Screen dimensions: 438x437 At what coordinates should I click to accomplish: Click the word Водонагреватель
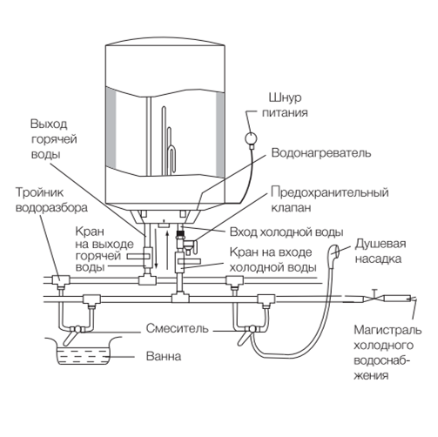321,153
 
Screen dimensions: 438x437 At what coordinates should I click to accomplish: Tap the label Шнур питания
285,105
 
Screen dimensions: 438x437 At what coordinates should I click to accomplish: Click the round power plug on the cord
250,138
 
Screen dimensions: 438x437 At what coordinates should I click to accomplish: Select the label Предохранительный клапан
330,200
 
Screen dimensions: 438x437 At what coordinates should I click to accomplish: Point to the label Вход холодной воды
286,232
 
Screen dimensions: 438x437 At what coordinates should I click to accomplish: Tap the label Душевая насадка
380,251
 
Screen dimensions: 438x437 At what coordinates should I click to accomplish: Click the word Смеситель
177,328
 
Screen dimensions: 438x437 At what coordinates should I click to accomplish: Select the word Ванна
164,356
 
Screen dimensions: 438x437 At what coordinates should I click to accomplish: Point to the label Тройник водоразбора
51,200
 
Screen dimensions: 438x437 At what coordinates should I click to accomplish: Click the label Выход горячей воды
54,139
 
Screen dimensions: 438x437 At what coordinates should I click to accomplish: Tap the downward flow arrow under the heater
156,248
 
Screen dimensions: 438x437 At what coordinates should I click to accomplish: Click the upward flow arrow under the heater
167,250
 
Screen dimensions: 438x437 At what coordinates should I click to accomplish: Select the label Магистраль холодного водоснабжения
387,353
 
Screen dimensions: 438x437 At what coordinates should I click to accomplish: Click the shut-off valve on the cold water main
374,297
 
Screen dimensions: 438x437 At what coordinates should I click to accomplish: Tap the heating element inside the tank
169,141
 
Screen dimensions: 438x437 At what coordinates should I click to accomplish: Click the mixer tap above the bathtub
74,333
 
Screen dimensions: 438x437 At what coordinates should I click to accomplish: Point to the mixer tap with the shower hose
248,333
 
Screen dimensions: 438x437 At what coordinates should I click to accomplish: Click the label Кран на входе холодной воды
273,260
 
